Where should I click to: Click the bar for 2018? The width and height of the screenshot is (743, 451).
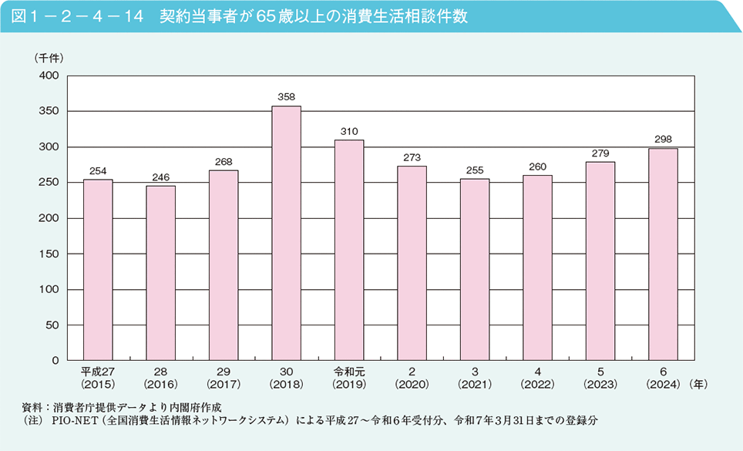286,233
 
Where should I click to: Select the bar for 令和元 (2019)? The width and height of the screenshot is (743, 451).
349,250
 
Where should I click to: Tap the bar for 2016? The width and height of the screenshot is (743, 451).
160,273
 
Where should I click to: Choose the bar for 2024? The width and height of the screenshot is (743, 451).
663,254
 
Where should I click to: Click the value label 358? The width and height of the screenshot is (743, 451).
286,97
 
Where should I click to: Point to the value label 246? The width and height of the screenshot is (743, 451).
160,177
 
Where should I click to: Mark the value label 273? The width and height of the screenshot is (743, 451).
412,158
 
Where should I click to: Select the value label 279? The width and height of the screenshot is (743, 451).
600,153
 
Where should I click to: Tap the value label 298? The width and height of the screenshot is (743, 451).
663,140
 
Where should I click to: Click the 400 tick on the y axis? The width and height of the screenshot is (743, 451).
49,76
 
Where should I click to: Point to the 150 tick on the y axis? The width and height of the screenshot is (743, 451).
49,254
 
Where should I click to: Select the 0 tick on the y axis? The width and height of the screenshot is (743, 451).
55,360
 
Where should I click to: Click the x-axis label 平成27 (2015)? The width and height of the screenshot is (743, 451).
98,376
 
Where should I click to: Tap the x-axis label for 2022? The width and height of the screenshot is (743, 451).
537,376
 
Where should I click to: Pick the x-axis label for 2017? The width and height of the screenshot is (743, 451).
224,376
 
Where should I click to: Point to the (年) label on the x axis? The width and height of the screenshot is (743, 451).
699,383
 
